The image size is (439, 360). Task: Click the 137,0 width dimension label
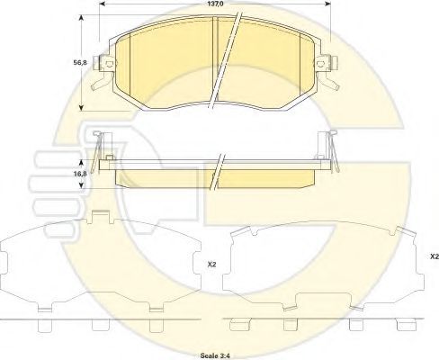(215, 4)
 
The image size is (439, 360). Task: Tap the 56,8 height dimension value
(80, 63)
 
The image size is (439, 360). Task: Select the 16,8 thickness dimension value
(80, 174)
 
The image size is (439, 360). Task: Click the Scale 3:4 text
(215, 355)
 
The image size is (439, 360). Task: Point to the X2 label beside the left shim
(211, 265)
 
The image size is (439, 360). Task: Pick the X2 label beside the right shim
(435, 256)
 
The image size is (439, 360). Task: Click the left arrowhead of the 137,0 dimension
(102, 4)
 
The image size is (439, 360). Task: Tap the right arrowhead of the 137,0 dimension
(327, 4)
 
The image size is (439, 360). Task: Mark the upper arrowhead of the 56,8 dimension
(81, 18)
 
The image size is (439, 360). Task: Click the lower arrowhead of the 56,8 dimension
(81, 107)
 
